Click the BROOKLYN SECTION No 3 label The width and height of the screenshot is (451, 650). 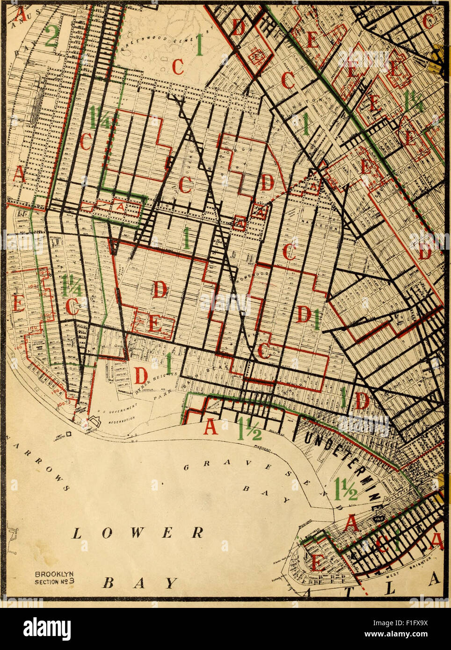click(x=55, y=578)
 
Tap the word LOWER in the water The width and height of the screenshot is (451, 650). click(x=138, y=533)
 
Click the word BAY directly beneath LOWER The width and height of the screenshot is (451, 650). click(x=140, y=583)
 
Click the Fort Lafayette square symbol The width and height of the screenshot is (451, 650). click(x=69, y=434)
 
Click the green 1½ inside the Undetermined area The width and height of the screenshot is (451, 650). click(x=346, y=489)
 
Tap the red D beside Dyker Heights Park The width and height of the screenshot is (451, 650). click(x=141, y=374)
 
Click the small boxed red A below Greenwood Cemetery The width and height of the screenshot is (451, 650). click(x=120, y=206)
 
